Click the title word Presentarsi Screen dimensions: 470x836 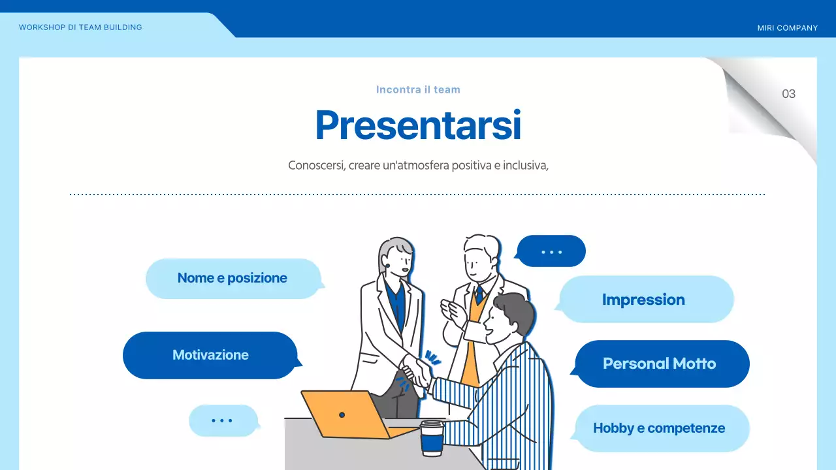click(x=418, y=125)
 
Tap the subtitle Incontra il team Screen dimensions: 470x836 click(x=418, y=89)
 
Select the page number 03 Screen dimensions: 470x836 click(x=788, y=94)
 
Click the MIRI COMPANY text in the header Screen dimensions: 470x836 click(x=787, y=28)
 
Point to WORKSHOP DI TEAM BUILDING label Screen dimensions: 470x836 click(x=80, y=27)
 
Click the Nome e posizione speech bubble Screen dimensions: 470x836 click(x=233, y=278)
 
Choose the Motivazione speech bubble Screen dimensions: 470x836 click(x=210, y=355)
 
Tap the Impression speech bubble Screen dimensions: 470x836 click(x=643, y=300)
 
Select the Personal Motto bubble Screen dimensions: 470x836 click(x=660, y=364)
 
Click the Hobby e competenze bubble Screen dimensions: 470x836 click(x=659, y=428)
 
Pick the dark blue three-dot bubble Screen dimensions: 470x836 click(x=551, y=251)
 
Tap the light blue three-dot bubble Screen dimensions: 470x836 click(x=222, y=420)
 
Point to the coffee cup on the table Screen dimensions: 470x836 click(x=432, y=438)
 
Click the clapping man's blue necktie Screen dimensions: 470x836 click(x=479, y=294)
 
